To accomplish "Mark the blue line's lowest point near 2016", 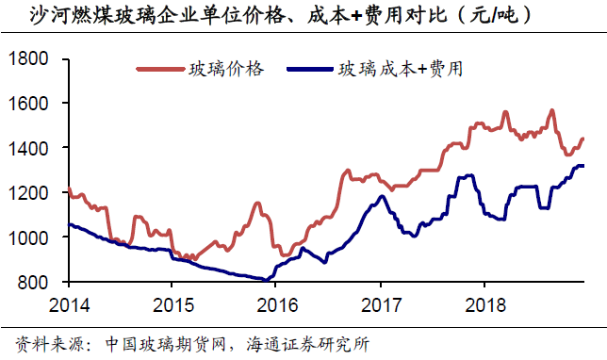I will coord(265,279).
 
